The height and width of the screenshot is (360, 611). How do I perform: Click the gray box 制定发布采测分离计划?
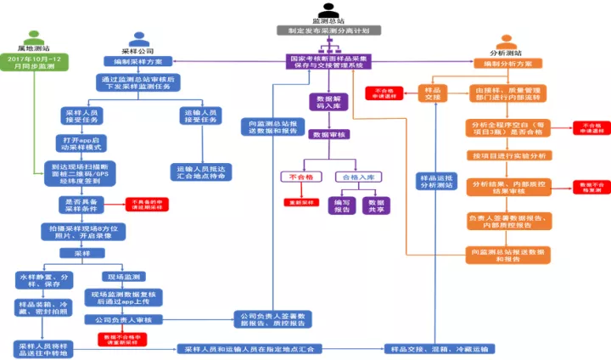328,30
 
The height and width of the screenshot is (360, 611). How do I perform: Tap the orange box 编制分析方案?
507,64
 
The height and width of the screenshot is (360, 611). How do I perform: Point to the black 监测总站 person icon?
328,10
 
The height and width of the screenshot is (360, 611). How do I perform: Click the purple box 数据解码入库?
327,103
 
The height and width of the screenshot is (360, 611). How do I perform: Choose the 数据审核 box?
327,134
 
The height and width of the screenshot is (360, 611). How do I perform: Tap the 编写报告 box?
341,205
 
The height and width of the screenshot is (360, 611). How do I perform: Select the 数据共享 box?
374,205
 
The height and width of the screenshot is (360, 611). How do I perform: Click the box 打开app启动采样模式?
82,141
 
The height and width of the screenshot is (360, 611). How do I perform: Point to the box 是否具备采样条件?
82,204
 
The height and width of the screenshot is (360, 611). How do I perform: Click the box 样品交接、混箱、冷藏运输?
440,349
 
